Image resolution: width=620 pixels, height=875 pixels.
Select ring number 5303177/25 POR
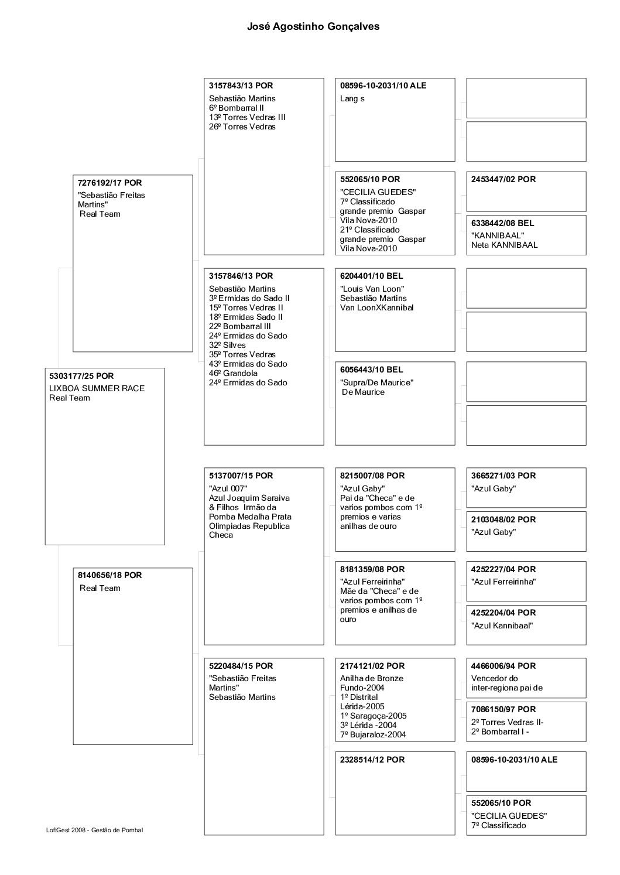(x=81, y=376)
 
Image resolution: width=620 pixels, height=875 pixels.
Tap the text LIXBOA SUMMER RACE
(x=97, y=388)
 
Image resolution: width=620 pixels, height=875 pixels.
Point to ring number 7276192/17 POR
(x=109, y=183)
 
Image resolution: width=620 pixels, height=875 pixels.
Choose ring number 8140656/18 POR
(x=109, y=575)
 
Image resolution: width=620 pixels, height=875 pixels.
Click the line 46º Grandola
(x=233, y=373)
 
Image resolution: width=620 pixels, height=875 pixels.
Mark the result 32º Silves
(x=227, y=345)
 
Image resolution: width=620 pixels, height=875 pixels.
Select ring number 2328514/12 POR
(x=372, y=760)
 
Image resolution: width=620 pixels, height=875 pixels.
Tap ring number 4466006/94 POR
(x=503, y=666)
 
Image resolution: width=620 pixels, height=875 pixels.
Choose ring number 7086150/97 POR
(x=503, y=709)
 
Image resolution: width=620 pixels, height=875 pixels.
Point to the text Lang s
(x=352, y=98)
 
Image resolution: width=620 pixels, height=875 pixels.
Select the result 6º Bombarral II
(x=237, y=108)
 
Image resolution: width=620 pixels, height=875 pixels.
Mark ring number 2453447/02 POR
(x=503, y=179)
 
